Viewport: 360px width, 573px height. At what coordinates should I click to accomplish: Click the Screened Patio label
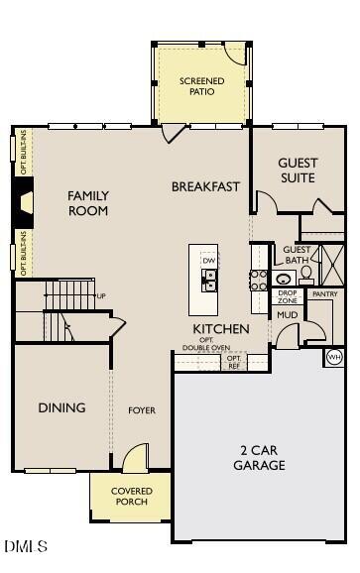(201, 86)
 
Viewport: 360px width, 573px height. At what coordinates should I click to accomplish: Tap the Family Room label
(88, 203)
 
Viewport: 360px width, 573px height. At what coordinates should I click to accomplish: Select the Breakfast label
(206, 186)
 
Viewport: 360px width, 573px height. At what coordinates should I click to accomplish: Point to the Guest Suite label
(297, 171)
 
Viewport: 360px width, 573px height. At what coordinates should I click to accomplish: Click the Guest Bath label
(297, 256)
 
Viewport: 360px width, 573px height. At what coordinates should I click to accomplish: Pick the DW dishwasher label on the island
(209, 260)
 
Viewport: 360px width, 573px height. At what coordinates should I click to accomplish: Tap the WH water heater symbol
(334, 356)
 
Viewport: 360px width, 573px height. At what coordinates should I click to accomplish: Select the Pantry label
(324, 294)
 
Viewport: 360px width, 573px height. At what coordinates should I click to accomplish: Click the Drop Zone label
(288, 295)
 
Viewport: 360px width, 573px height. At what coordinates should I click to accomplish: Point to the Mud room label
(288, 315)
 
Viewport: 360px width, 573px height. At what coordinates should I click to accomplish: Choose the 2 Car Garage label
(262, 457)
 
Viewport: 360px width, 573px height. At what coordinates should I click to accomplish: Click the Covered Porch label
(130, 496)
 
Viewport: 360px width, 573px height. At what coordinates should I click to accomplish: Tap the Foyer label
(142, 409)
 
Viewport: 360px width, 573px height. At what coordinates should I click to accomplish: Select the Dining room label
(62, 407)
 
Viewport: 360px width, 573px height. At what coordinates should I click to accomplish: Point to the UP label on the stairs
(101, 296)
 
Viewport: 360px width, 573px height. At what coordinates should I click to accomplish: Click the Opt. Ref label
(234, 362)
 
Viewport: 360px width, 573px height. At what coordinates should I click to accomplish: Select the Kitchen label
(220, 329)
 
